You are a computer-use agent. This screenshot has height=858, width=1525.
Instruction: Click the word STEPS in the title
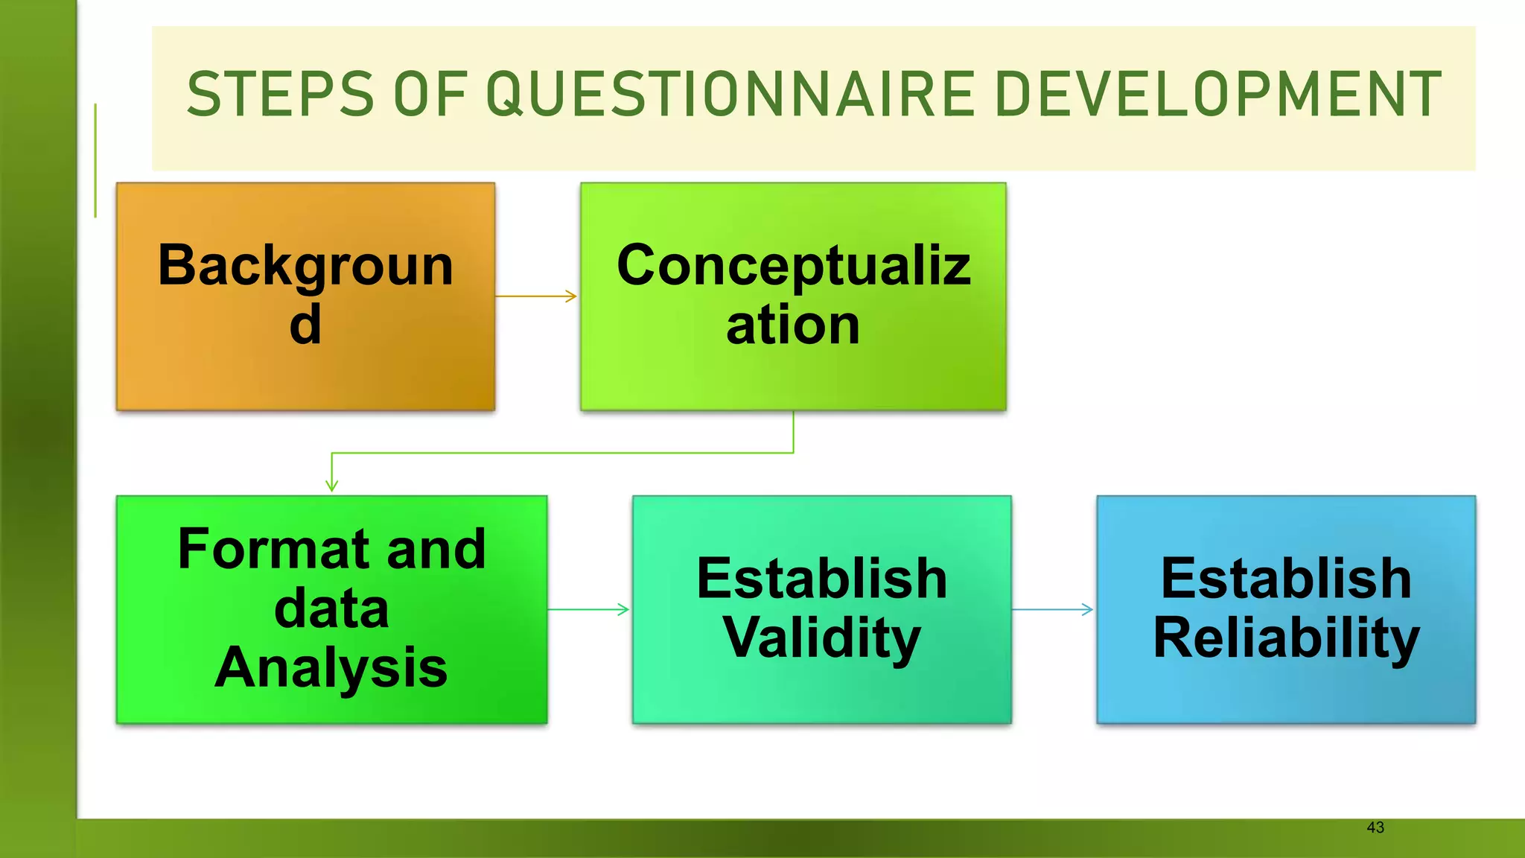280,95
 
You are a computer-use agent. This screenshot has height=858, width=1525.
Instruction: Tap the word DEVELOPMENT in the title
1218,95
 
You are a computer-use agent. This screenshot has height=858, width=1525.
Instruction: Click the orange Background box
305,372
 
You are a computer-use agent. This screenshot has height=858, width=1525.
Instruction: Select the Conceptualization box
793,372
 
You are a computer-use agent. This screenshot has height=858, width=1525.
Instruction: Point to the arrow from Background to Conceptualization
536,296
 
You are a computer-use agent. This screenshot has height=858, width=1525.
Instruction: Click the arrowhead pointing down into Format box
332,485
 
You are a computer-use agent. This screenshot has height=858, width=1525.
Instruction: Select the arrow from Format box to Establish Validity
588,609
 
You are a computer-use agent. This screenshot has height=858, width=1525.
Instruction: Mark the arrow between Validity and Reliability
1053,609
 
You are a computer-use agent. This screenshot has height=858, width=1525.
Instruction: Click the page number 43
1375,827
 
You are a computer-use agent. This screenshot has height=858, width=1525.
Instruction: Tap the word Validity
821,638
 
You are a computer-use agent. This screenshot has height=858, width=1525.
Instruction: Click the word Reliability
1286,638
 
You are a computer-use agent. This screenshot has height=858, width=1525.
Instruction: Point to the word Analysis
331,667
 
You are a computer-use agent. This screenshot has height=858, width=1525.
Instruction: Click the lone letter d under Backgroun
305,325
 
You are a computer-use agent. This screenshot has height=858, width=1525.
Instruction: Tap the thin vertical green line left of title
95,160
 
